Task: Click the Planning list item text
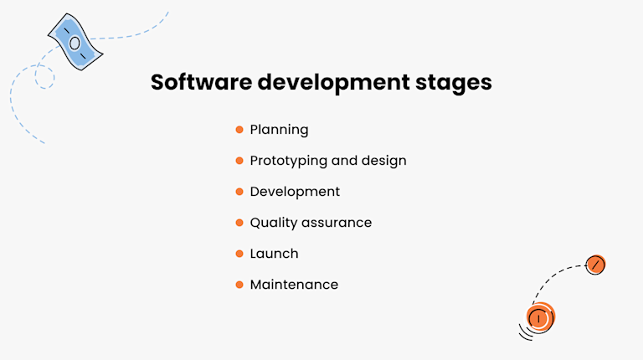[x=279, y=130]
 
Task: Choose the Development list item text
[x=295, y=192]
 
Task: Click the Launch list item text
[x=274, y=254]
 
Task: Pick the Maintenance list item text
[x=294, y=285]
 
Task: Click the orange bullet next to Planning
[x=239, y=130]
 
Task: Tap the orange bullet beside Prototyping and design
[x=239, y=161]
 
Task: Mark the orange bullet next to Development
[x=239, y=192]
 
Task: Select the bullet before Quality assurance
[x=239, y=223]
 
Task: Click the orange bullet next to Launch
[x=239, y=254]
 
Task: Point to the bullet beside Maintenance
[x=239, y=285]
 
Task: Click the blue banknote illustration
[x=75, y=42]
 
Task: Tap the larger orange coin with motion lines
[x=540, y=317]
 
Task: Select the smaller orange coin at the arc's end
[x=595, y=265]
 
